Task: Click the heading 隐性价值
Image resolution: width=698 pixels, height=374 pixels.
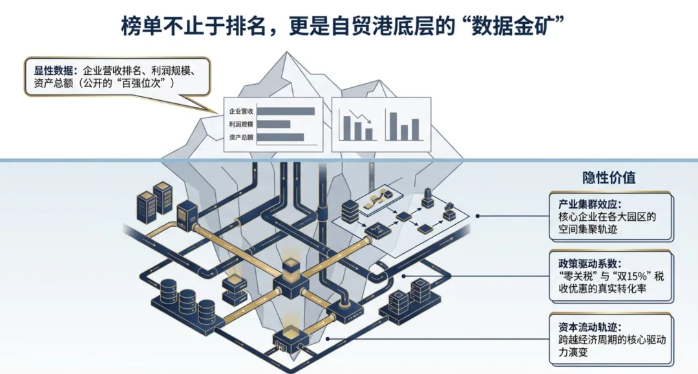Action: click(609, 178)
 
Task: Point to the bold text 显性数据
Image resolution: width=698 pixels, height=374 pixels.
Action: click(54, 70)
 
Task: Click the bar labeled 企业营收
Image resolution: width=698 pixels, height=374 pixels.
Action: click(286, 111)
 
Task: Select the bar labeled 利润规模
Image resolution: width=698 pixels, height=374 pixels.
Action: click(273, 124)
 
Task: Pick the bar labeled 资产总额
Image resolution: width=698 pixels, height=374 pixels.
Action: click(280, 137)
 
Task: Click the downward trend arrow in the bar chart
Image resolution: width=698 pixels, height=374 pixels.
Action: click(360, 116)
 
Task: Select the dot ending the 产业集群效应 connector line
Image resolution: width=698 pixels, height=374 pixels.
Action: click(478, 216)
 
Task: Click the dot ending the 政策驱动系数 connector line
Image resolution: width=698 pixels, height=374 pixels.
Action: click(403, 276)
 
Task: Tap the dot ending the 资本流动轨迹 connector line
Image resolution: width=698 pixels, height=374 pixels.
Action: click(328, 339)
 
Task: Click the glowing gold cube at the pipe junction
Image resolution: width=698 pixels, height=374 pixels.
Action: click(290, 265)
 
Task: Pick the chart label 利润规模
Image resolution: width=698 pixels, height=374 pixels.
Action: click(241, 125)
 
